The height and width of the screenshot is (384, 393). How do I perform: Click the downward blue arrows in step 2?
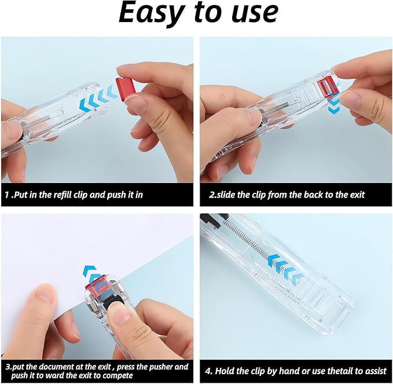334,105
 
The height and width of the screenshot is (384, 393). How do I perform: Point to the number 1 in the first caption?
7,195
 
